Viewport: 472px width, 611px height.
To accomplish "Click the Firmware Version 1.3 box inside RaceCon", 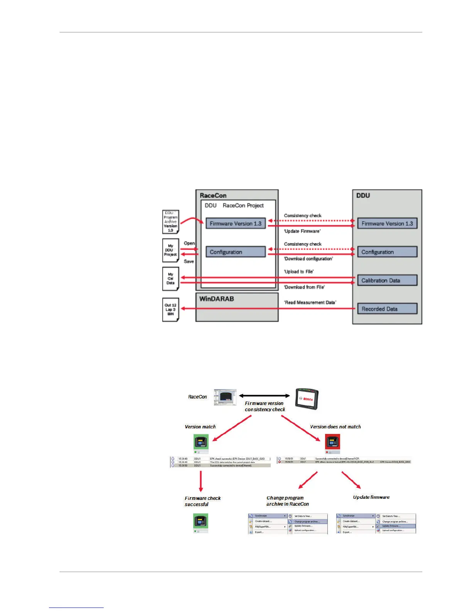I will click(x=235, y=224).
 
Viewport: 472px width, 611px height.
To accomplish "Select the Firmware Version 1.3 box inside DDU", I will click(x=387, y=224).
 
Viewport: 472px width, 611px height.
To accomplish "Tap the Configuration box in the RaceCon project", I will click(x=235, y=252).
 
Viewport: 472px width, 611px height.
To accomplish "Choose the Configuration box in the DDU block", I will click(x=387, y=252).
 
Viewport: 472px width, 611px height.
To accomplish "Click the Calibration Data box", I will click(x=387, y=280).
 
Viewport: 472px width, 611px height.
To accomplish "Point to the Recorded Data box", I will click(x=387, y=309).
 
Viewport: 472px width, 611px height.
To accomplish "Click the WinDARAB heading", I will click(x=216, y=299).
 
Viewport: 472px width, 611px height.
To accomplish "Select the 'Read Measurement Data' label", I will click(x=310, y=302).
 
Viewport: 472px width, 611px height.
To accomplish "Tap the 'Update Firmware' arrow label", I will click(x=302, y=231).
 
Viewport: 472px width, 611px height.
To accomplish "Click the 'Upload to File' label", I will click(x=299, y=272).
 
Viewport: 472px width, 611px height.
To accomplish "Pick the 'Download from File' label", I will click(x=304, y=287).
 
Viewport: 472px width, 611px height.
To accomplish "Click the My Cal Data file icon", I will click(x=170, y=278).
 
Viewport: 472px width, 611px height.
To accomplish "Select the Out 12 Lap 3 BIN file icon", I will click(x=170, y=309).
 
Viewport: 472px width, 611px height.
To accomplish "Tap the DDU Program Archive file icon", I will click(x=170, y=221).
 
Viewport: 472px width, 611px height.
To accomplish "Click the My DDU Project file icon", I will click(x=170, y=250).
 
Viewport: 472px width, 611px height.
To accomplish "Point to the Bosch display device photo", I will click(x=307, y=399).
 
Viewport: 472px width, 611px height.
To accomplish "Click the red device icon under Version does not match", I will click(x=332, y=443).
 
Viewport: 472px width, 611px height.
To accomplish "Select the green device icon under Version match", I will click(x=201, y=443).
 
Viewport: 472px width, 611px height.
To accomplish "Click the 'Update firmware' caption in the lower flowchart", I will click(x=371, y=497).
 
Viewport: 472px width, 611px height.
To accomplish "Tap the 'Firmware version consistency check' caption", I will click(x=265, y=406).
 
